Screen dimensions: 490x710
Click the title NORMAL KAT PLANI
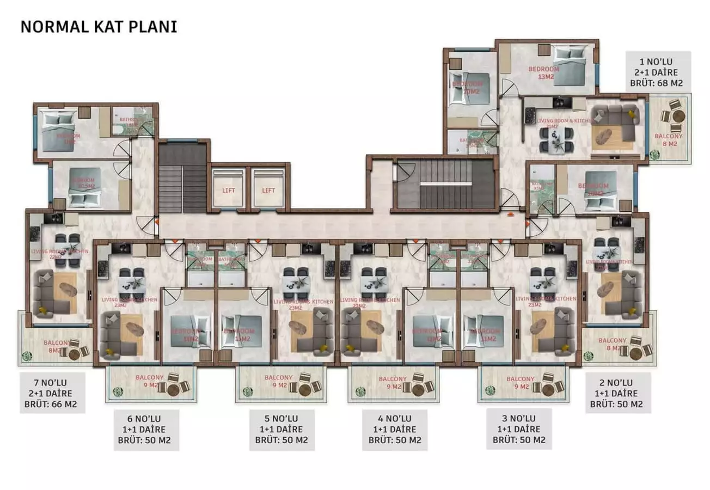(99, 27)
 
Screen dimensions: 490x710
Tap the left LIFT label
(228, 190)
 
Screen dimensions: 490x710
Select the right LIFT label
(268, 190)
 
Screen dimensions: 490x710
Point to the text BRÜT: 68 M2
(657, 84)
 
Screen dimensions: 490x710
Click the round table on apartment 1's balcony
(677, 116)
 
